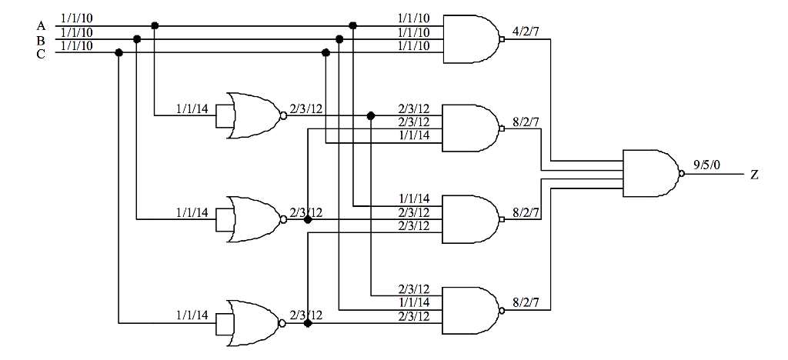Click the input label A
(41, 25)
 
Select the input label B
(41, 39)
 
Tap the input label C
(41, 53)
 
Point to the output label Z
(754, 175)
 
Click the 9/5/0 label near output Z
(707, 164)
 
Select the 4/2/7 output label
(526, 33)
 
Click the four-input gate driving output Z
(649, 175)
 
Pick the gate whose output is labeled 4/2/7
(471, 39)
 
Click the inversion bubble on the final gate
(681, 175)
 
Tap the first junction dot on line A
(155, 25)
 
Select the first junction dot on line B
(137, 39)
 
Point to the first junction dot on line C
(119, 53)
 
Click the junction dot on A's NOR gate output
(371, 115)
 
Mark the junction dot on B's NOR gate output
(308, 220)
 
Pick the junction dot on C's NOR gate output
(308, 324)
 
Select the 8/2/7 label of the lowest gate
(526, 302)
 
